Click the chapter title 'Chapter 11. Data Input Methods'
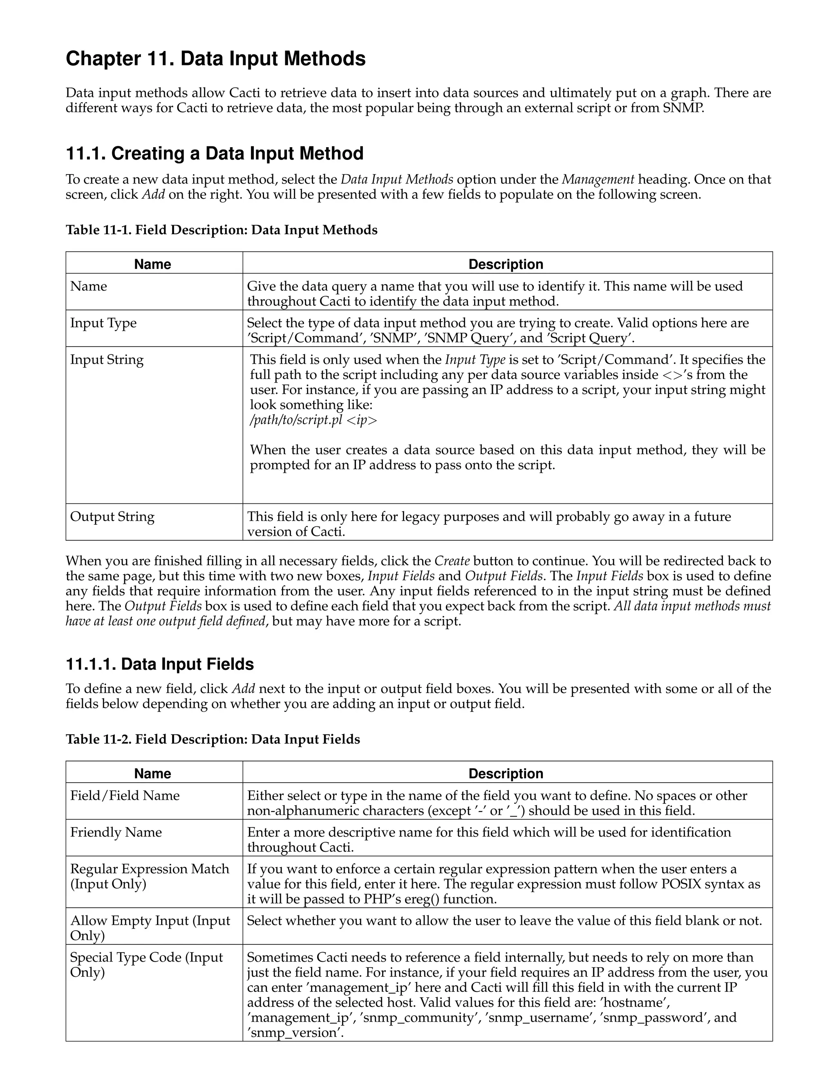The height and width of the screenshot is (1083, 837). [x=216, y=59]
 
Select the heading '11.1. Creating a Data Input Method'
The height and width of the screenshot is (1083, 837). [x=215, y=154]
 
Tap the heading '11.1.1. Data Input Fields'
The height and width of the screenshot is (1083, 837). [x=160, y=664]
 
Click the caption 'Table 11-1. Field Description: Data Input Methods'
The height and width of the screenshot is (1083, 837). [x=222, y=230]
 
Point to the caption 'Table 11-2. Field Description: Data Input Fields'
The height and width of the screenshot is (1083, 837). [x=213, y=739]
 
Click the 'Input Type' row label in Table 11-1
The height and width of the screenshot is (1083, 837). [x=103, y=323]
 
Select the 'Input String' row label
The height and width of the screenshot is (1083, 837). [x=107, y=360]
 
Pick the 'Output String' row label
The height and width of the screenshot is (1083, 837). [x=112, y=517]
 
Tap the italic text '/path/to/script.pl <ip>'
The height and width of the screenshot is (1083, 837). [x=313, y=421]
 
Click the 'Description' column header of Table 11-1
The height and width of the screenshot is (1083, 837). [x=506, y=264]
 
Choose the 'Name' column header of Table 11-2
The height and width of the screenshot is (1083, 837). [x=153, y=774]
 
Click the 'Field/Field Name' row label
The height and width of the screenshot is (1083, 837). [x=125, y=796]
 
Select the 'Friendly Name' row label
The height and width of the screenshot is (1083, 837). [x=116, y=832]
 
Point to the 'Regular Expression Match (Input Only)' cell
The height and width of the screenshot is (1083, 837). [x=149, y=877]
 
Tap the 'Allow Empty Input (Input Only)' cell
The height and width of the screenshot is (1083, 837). [x=150, y=928]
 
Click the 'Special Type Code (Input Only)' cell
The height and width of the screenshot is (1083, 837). [x=146, y=965]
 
